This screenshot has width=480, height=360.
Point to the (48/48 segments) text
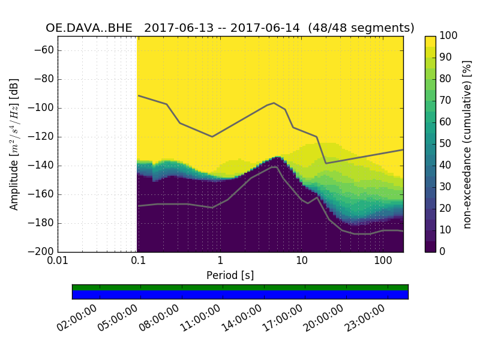click(361, 28)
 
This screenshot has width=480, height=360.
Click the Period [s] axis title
click(230, 275)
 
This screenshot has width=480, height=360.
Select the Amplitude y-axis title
click(14, 144)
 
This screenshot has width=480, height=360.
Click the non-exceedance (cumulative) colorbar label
click(467, 144)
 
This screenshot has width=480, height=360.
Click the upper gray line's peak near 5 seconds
click(274, 103)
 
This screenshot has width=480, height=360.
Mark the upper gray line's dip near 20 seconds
click(326, 163)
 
